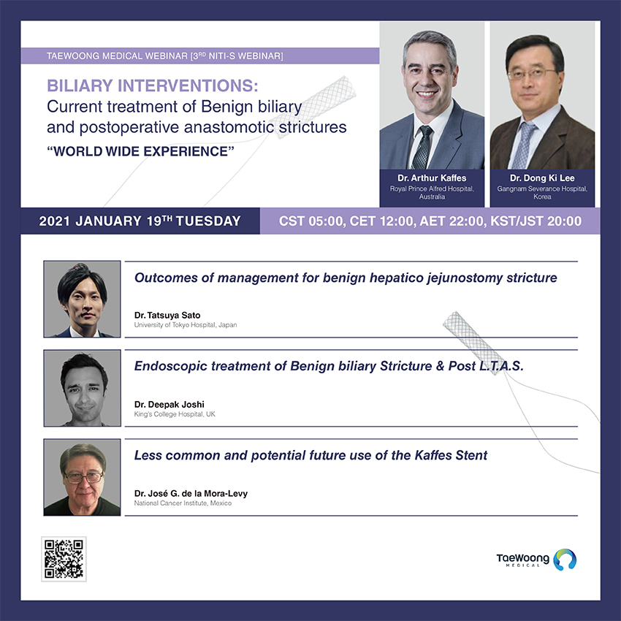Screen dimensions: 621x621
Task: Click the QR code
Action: click(64, 559)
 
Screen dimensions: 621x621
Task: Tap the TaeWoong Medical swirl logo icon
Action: click(565, 559)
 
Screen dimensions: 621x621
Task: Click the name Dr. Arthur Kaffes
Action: click(432, 178)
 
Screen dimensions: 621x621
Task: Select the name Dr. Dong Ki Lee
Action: click(542, 178)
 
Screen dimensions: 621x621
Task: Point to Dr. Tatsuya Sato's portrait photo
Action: click(82, 299)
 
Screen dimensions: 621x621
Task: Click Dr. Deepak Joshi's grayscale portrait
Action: click(82, 388)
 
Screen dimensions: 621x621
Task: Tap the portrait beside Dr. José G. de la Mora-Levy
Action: click(82, 477)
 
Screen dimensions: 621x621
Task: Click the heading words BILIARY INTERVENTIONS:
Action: click(153, 85)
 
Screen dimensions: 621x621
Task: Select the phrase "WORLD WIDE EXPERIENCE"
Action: click(140, 151)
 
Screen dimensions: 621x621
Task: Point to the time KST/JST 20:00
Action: click(536, 221)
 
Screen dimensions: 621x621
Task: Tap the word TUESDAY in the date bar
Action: click(208, 221)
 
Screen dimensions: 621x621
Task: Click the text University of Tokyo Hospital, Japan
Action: click(186, 325)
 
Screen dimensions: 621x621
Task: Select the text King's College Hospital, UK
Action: click(175, 414)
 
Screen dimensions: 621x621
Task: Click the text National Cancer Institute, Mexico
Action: click(183, 503)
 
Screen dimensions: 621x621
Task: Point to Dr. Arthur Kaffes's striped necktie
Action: click(422, 148)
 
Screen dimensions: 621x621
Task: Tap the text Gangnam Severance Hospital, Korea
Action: click(542, 192)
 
